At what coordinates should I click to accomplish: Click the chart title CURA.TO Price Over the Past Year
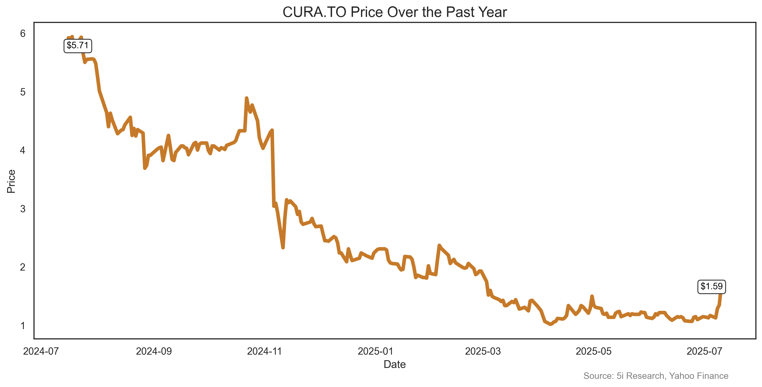tap(394, 12)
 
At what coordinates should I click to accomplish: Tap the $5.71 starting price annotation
tap(77, 45)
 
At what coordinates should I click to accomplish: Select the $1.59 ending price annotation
tap(711, 286)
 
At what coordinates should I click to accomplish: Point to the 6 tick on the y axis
tap(23, 33)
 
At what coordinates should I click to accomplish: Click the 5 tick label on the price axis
tap(23, 92)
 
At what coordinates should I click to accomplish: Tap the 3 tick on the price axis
tap(23, 209)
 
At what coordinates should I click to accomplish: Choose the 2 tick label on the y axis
tap(23, 267)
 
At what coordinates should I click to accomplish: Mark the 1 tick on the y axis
tap(23, 325)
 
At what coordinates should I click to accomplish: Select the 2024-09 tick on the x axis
tap(154, 351)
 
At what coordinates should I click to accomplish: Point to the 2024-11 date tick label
tap(265, 351)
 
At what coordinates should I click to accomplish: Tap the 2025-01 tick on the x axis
tap(375, 351)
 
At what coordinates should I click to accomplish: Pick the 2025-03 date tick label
tap(483, 351)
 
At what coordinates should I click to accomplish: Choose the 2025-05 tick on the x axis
tap(593, 351)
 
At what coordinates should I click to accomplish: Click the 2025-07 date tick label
tap(704, 351)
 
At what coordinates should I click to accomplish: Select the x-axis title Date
tap(394, 364)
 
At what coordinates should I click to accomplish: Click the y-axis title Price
tap(11, 181)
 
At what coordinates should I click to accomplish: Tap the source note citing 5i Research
tap(656, 376)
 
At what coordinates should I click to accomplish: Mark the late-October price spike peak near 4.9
tap(246, 98)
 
